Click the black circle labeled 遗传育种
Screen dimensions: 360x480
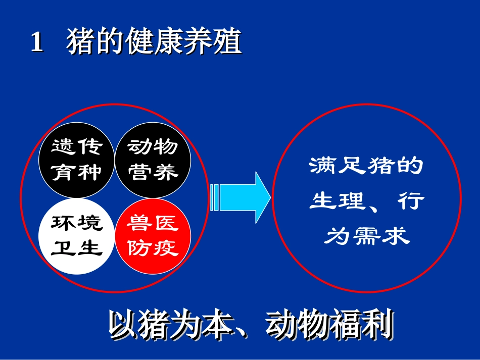77,160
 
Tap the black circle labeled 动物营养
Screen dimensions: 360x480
153,160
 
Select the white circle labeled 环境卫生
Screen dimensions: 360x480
77,236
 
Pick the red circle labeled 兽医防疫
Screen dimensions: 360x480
153,236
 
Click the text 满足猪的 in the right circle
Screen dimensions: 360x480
366,166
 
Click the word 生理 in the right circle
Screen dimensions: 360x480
337,201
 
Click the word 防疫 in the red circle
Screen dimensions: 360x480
153,248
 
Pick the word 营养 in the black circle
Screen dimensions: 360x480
153,173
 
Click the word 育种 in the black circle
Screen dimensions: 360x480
77,173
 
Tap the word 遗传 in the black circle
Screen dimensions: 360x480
77,147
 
